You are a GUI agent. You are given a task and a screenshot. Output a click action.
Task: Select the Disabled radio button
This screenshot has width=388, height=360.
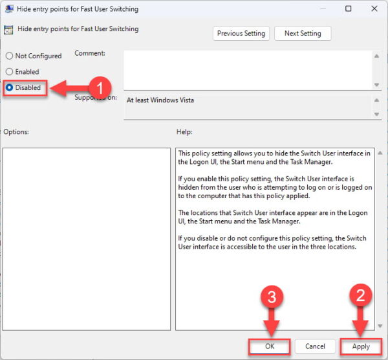point(10,87)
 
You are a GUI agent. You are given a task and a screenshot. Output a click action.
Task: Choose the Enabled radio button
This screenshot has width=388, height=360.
point(10,72)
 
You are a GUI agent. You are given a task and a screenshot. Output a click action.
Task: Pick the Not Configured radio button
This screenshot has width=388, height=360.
point(10,56)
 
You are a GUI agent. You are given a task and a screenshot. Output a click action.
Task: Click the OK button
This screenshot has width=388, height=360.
point(270,346)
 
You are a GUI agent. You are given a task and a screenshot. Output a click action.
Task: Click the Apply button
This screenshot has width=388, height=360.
point(360,346)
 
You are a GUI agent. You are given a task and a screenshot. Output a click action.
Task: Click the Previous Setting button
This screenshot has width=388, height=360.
point(241,34)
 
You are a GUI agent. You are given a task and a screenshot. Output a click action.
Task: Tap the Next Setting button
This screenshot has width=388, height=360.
point(302,34)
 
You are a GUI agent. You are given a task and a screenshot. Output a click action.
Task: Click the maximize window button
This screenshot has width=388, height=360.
point(349,9)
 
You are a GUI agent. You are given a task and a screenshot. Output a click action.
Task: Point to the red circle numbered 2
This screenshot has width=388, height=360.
point(360,297)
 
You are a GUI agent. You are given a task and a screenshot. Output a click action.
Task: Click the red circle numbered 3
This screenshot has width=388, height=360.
point(272,297)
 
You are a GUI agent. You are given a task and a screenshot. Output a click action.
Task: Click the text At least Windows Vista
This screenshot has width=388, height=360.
point(160,100)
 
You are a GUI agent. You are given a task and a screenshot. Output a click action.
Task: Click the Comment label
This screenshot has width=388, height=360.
point(90,53)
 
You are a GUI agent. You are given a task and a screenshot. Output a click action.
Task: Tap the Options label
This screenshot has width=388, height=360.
point(16,132)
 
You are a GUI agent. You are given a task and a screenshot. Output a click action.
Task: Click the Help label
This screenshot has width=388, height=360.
point(184,132)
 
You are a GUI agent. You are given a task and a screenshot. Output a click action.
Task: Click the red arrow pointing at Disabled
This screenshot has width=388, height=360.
point(68,89)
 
